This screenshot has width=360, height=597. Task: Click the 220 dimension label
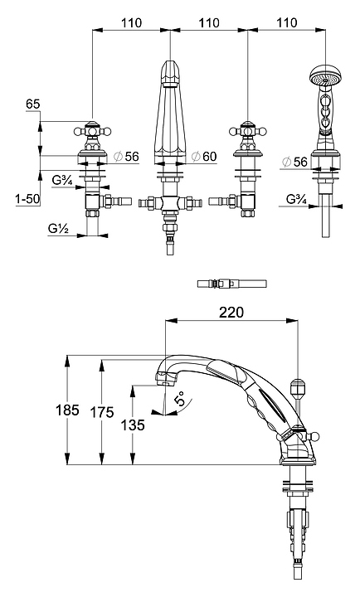point(231,312)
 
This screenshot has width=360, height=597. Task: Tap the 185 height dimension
point(67,410)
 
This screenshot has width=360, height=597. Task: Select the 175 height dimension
point(102,411)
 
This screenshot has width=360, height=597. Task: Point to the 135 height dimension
point(133,425)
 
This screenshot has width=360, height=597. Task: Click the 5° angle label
point(180,398)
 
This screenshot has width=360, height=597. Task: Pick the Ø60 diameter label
point(204,156)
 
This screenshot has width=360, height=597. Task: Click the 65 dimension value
point(33,104)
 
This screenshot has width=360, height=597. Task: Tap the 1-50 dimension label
point(27,199)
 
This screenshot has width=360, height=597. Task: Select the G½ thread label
point(58,229)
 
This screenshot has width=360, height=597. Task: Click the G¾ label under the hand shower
point(297,200)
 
